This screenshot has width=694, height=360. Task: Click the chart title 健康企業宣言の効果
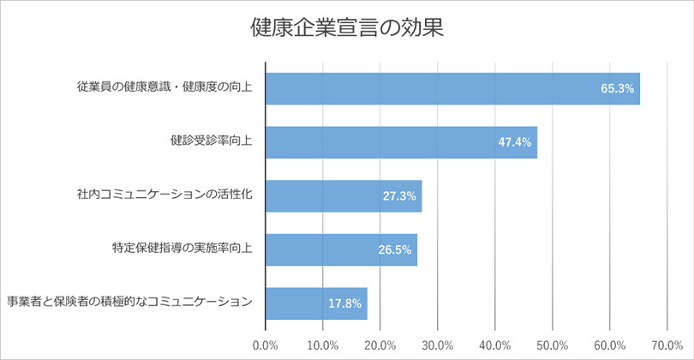(x=346, y=27)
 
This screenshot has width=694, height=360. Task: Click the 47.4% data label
(x=515, y=142)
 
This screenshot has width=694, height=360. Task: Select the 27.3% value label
(x=399, y=196)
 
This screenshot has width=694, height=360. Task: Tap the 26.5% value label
(x=395, y=250)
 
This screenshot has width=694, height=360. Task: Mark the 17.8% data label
(x=345, y=303)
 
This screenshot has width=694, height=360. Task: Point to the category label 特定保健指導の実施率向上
(x=182, y=248)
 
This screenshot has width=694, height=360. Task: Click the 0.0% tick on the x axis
(x=266, y=345)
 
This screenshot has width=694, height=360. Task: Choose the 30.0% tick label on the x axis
(x=438, y=345)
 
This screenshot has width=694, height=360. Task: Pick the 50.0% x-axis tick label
(x=553, y=345)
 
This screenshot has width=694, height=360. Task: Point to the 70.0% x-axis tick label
(x=667, y=345)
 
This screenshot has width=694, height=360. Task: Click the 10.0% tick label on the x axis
(x=323, y=345)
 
